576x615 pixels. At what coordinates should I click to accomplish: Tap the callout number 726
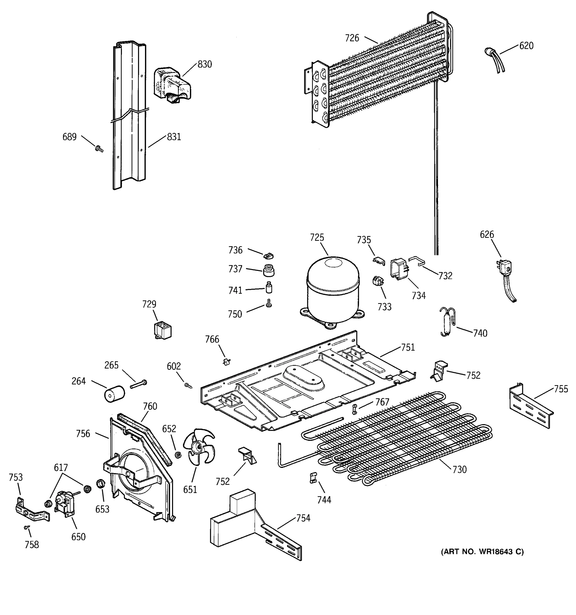pos(352,38)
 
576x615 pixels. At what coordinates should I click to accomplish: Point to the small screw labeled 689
pos(99,149)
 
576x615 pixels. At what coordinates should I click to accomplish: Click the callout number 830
pos(205,64)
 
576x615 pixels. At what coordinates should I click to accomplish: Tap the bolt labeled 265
pos(139,384)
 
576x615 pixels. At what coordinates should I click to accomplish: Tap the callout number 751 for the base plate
pos(408,347)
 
